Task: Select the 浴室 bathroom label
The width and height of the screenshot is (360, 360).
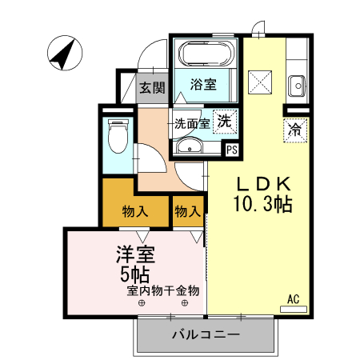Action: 203,84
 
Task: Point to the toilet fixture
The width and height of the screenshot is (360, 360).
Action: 118,136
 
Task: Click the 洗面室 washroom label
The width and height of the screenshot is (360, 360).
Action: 192,124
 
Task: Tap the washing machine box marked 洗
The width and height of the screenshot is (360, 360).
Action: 226,122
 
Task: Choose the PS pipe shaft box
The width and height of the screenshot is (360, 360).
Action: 232,149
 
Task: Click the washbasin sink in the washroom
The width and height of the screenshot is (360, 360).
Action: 190,145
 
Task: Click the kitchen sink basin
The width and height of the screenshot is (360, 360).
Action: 297,82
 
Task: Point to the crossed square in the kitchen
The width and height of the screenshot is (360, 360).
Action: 260,82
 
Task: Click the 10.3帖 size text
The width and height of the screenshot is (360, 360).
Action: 262,204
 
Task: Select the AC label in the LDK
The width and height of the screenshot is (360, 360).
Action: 294,299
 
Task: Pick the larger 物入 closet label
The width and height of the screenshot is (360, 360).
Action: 135,212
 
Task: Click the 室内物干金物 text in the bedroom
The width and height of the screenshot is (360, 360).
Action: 162,290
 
